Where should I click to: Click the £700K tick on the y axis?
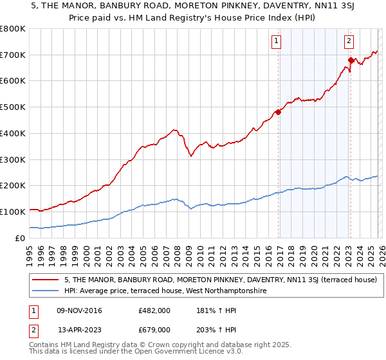(x=13, y=55)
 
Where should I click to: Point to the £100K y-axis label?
(x=13, y=212)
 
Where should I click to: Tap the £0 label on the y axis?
(x=21, y=238)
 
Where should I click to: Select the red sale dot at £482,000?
(x=278, y=113)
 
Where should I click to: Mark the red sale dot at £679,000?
(x=351, y=60)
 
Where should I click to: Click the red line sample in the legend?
(x=47, y=280)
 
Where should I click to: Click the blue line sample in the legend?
(x=47, y=291)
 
